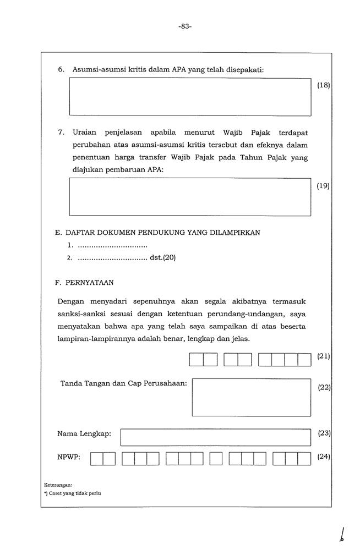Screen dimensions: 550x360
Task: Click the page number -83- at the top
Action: click(x=185, y=26)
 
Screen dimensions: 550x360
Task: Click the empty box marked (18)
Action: click(x=190, y=97)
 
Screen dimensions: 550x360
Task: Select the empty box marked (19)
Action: click(x=190, y=196)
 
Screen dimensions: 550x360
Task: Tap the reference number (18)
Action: click(x=324, y=86)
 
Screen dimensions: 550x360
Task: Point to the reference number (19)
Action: click(x=324, y=186)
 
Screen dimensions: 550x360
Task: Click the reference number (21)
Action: click(x=324, y=356)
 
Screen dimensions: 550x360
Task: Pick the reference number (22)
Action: click(x=324, y=387)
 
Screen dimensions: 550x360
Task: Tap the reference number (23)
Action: click(x=324, y=433)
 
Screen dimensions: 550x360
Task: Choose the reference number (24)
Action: click(x=324, y=457)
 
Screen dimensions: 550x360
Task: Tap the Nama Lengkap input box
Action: click(x=216, y=437)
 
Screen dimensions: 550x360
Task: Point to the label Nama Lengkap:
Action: click(x=84, y=434)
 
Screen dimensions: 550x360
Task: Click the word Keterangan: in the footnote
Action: click(x=58, y=485)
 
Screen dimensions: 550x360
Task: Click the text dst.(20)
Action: click(x=162, y=257)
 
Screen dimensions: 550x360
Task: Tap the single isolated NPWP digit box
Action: click(x=216, y=459)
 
